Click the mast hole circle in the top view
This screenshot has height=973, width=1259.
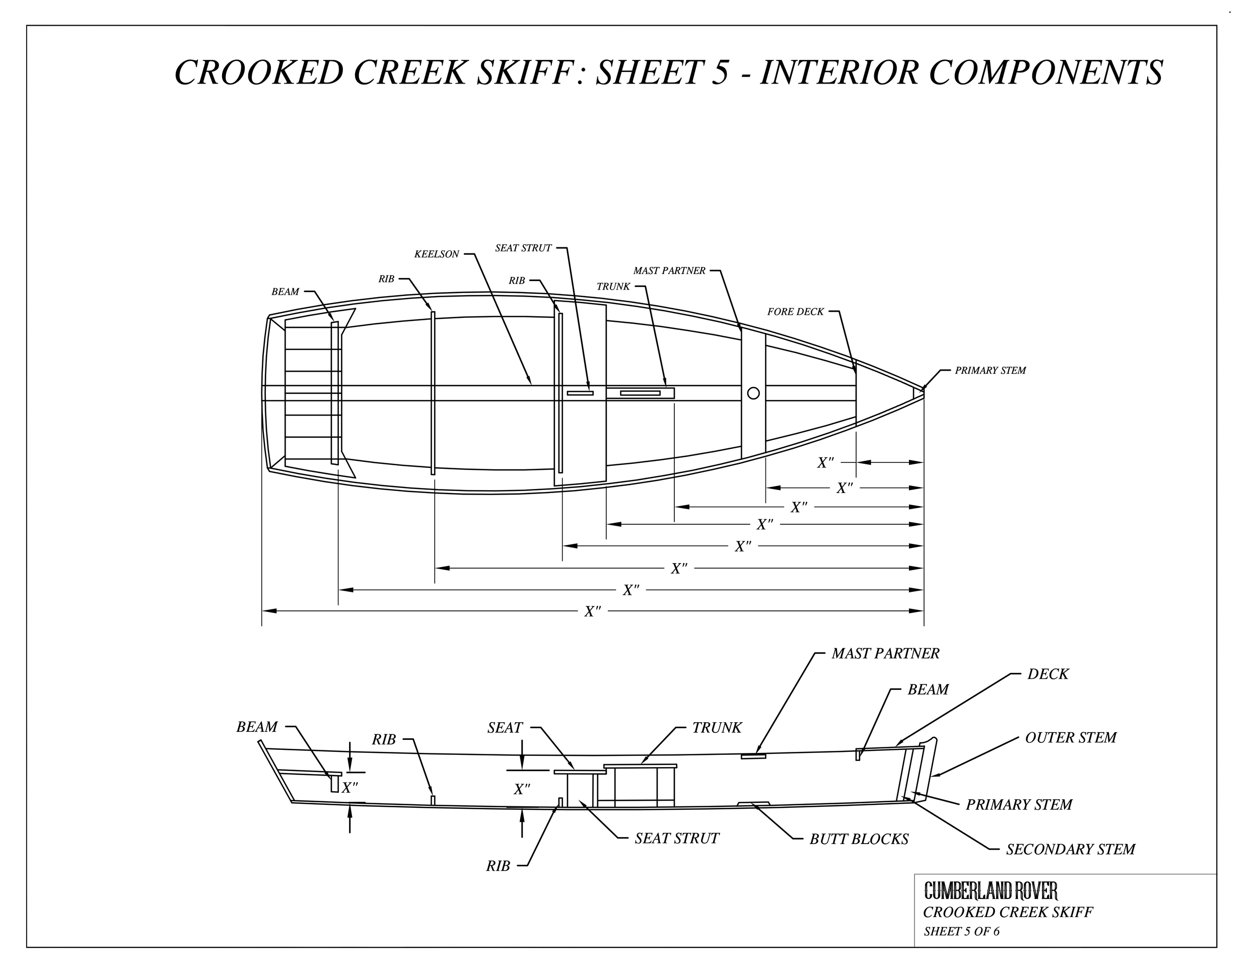click(x=753, y=393)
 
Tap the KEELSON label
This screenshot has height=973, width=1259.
click(x=437, y=254)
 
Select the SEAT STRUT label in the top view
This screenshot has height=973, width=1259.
click(x=523, y=248)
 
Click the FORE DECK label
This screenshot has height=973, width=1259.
click(x=795, y=312)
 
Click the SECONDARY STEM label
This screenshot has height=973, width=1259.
click(x=1070, y=849)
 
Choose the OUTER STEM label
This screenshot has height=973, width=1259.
click(x=1071, y=737)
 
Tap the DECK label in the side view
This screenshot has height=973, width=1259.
click(x=1047, y=674)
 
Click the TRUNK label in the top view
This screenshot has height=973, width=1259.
click(x=613, y=287)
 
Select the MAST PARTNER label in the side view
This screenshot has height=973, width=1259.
click(x=885, y=653)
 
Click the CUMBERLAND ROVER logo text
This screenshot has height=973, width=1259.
click(x=991, y=890)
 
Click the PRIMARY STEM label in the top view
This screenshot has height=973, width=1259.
click(x=990, y=371)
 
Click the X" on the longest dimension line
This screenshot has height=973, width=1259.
click(x=593, y=611)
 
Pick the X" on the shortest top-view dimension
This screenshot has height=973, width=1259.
click(x=825, y=462)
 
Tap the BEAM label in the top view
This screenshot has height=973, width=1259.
click(x=285, y=292)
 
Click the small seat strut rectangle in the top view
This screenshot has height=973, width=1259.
click(x=580, y=393)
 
